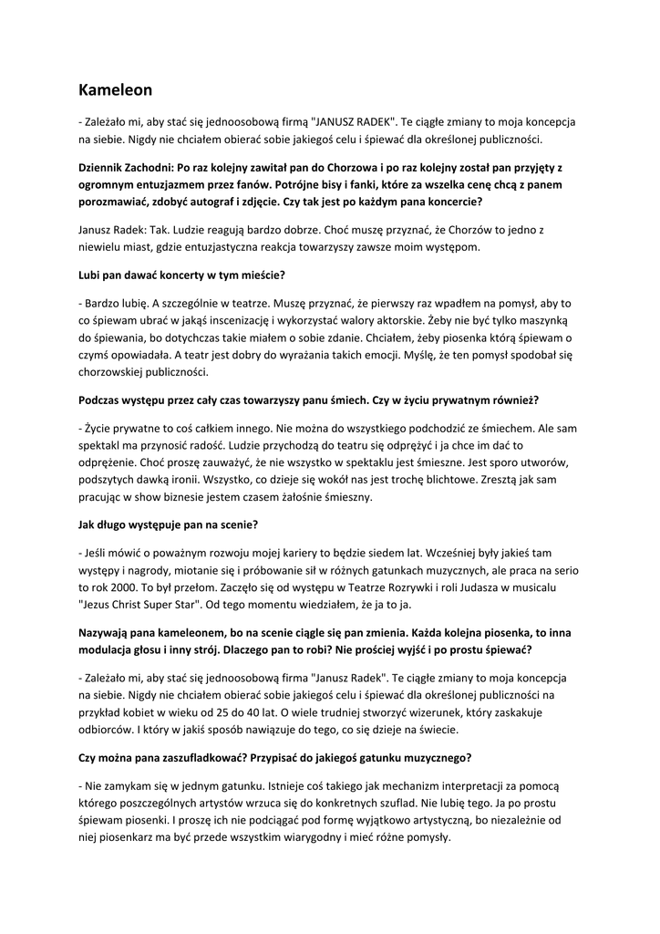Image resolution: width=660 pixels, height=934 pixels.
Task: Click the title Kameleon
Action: click(x=115, y=89)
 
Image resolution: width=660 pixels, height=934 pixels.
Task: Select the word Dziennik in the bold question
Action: click(x=108, y=168)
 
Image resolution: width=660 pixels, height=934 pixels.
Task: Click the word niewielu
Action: click(x=102, y=246)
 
